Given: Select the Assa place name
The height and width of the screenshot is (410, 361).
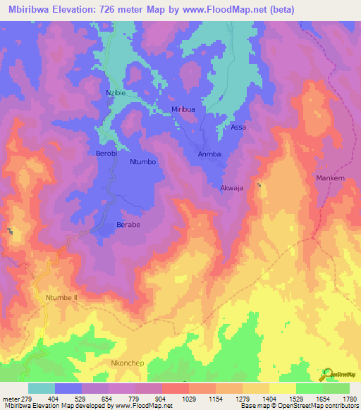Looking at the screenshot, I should [239, 128].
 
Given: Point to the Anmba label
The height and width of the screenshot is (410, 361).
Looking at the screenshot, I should [209, 154].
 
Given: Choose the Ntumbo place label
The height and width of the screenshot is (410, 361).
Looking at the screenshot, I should [143, 162].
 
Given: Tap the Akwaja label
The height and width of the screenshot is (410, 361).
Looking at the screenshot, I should [232, 189].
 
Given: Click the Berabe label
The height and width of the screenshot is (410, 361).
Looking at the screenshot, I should [128, 225].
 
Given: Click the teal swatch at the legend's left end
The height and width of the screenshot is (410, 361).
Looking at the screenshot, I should [42, 388].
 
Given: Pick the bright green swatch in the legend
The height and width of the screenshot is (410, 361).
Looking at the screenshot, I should [310, 388].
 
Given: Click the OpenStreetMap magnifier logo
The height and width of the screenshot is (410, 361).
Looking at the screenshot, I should [326, 374].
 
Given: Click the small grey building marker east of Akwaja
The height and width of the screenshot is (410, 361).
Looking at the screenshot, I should [259, 185].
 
